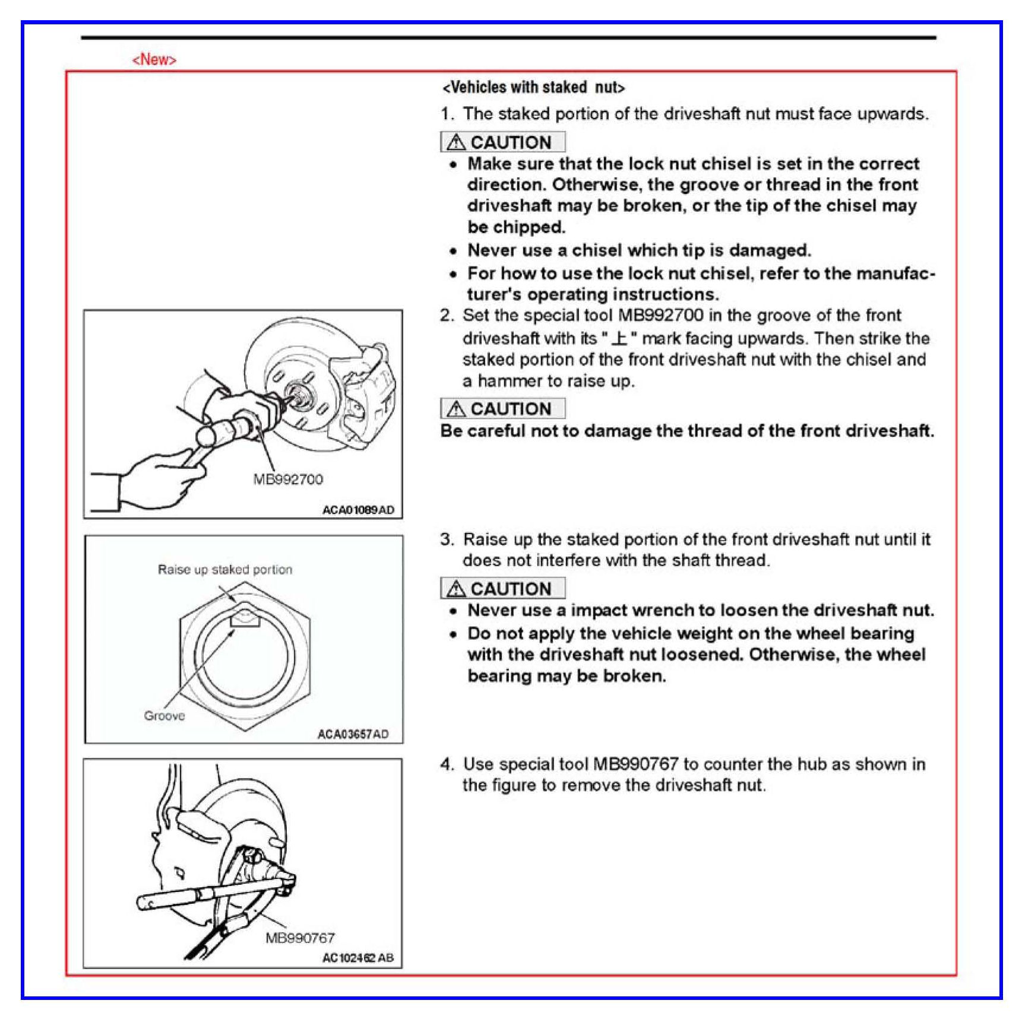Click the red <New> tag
(154, 60)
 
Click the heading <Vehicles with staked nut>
(533, 88)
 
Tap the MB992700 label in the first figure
(288, 479)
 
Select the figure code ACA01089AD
(358, 510)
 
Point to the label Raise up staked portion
(225, 570)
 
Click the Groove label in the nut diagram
(164, 716)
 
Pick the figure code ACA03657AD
(353, 734)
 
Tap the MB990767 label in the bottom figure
(300, 938)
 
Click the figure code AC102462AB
(357, 957)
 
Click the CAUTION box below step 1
(502, 142)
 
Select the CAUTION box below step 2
(502, 409)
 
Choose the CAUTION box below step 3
(502, 589)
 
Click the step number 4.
(447, 764)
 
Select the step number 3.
(447, 539)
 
